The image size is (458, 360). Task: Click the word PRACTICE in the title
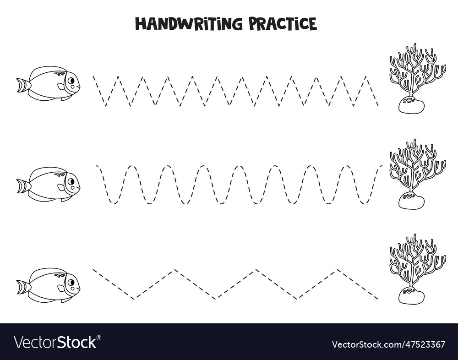[283, 23]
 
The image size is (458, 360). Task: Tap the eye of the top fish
[71, 81]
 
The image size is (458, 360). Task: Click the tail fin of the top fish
[22, 85]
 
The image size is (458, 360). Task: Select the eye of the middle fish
[71, 182]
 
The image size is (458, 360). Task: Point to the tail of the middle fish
[22, 186]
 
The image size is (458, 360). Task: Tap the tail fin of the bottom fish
[22, 287]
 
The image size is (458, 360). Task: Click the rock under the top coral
[411, 105]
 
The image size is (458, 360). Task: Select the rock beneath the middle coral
[411, 201]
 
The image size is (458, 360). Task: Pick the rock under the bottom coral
[411, 295]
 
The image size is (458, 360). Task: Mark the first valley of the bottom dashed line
[134, 299]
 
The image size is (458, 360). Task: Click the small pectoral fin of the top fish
[61, 86]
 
